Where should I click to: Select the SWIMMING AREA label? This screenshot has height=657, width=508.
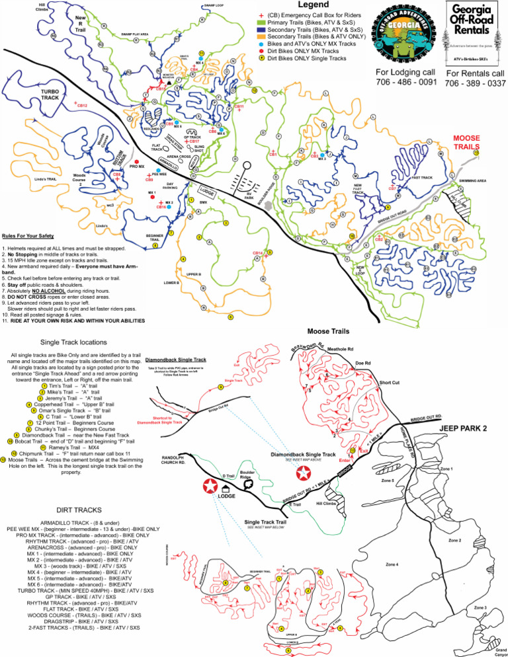(x=472, y=180)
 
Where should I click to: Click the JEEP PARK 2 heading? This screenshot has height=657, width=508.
(x=466, y=428)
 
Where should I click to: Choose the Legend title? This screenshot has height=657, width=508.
(x=309, y=5)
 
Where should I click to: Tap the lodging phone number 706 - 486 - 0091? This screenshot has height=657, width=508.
(x=406, y=82)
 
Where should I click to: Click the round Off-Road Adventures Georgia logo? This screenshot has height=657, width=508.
(x=405, y=33)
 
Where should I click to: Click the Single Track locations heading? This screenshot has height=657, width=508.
(x=72, y=342)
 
